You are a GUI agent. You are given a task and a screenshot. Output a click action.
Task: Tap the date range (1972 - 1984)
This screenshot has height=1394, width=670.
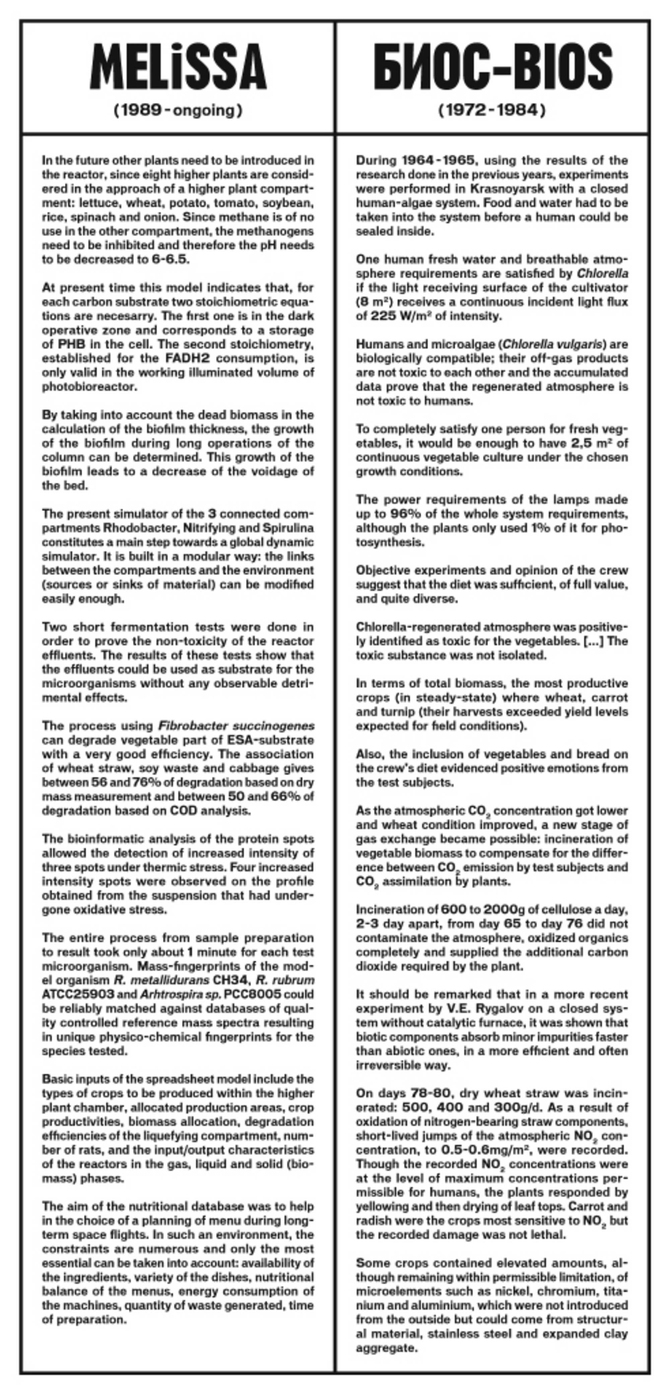492,111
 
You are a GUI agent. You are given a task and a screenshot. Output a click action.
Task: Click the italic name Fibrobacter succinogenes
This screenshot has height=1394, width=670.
236,726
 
